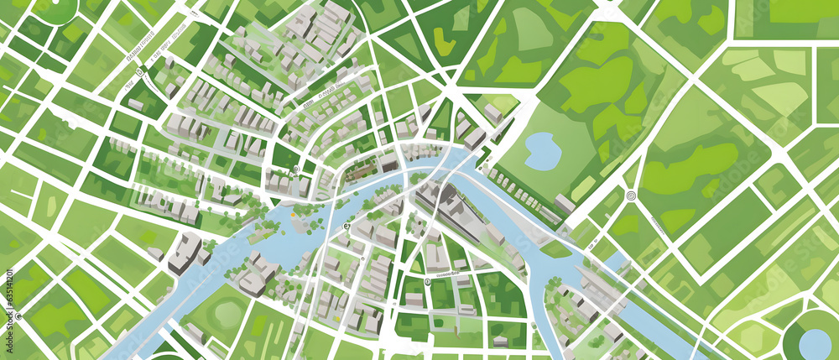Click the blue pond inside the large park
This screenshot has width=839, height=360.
(x=542, y=150)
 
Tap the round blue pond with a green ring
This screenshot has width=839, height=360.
(x=815, y=343)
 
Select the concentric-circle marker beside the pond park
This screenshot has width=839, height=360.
(x=631, y=196)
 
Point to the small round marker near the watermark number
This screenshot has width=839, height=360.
(x=18, y=317)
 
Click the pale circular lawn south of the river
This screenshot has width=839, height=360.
(x=227, y=314)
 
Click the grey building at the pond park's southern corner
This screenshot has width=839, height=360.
(x=565, y=204)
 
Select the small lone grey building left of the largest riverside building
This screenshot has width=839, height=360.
(x=155, y=253)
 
